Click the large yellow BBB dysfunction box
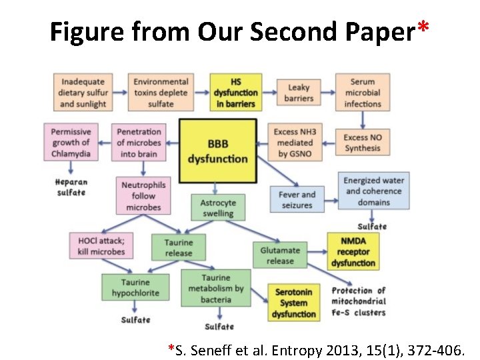[x=218, y=151]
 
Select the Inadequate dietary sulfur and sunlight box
[x=83, y=93]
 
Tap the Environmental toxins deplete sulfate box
[x=161, y=93]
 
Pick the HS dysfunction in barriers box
[x=235, y=93]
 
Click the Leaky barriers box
[x=298, y=93]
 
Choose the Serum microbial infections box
[x=363, y=93]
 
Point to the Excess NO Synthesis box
[x=363, y=142]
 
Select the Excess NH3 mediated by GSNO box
[x=295, y=143]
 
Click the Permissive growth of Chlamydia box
[x=70, y=143]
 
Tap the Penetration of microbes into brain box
[x=139, y=143]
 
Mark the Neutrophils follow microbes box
[x=143, y=196]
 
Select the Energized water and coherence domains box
[x=373, y=191]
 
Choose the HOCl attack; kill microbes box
[x=101, y=246]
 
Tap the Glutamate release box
[x=280, y=255]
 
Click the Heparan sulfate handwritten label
[x=71, y=187]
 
